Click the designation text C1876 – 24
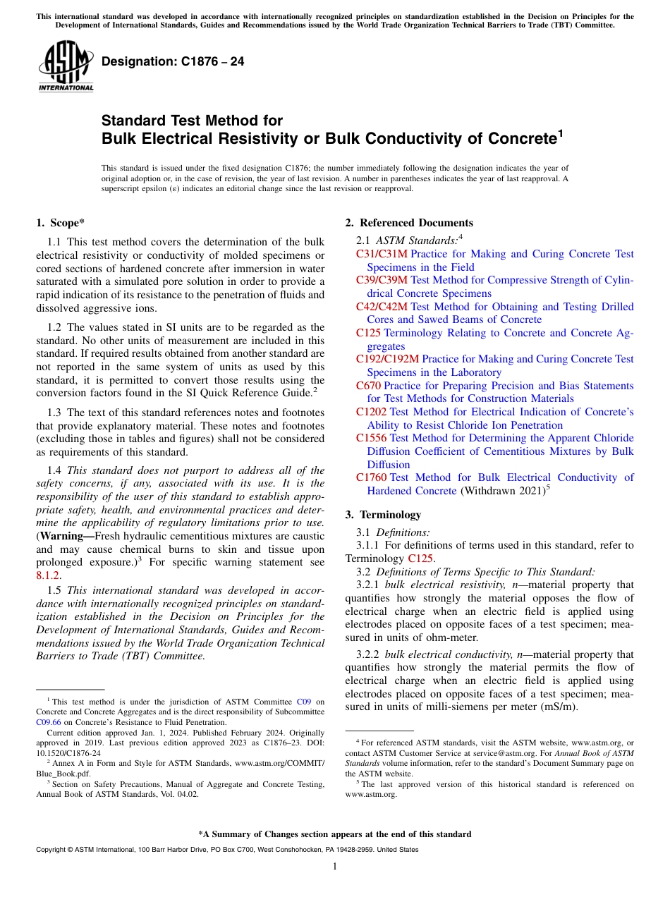[x=173, y=61]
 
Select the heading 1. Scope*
[x=61, y=223]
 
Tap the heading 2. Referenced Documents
[x=409, y=223]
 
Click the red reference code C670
[x=368, y=386]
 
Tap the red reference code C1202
[x=371, y=412]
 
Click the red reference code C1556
[x=371, y=438]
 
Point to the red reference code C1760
[x=371, y=477]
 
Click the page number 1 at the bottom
[x=335, y=866]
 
